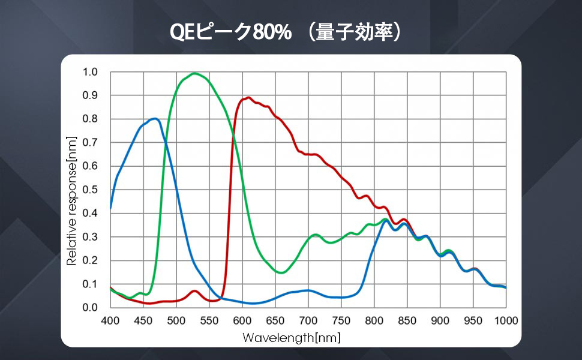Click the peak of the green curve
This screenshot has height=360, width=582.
click(x=194, y=73)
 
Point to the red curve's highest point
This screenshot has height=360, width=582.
click(x=247, y=97)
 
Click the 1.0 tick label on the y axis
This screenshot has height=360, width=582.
click(x=90, y=72)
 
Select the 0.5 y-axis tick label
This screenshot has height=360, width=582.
click(x=90, y=190)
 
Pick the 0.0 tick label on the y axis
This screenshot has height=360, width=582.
click(x=90, y=307)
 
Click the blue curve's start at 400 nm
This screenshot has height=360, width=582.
click(x=111, y=209)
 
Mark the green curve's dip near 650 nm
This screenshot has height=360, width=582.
click(x=281, y=272)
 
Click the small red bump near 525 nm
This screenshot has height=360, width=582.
click(x=194, y=291)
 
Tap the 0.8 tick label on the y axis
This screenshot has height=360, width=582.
click(x=90, y=119)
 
